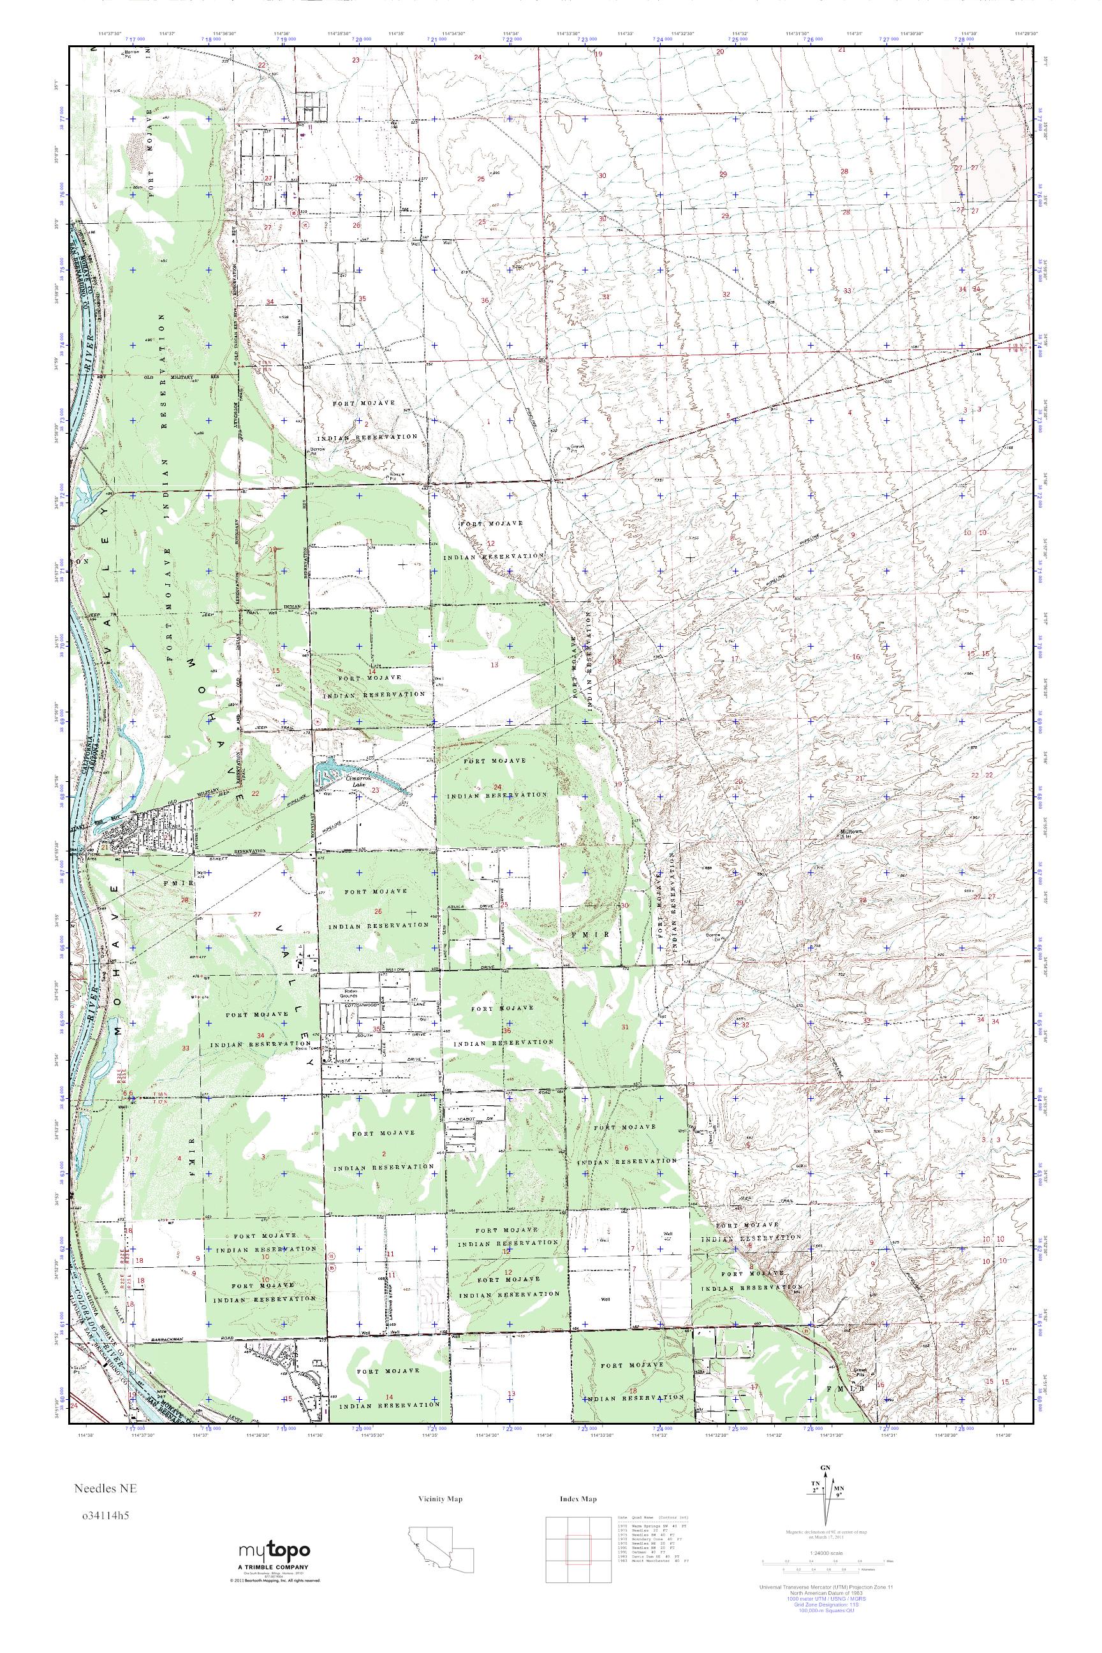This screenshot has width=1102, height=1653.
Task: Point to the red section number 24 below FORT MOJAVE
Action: [497, 786]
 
